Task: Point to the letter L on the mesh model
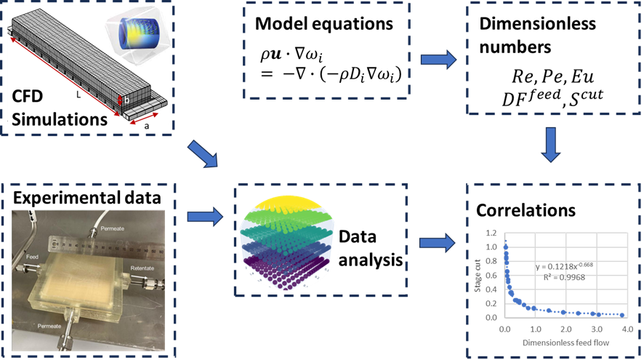pyautogui.click(x=78, y=94)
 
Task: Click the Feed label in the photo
pyautogui.click(x=33, y=257)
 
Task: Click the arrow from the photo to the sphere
pyautogui.click(x=204, y=216)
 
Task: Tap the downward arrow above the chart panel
pyautogui.click(x=553, y=145)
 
